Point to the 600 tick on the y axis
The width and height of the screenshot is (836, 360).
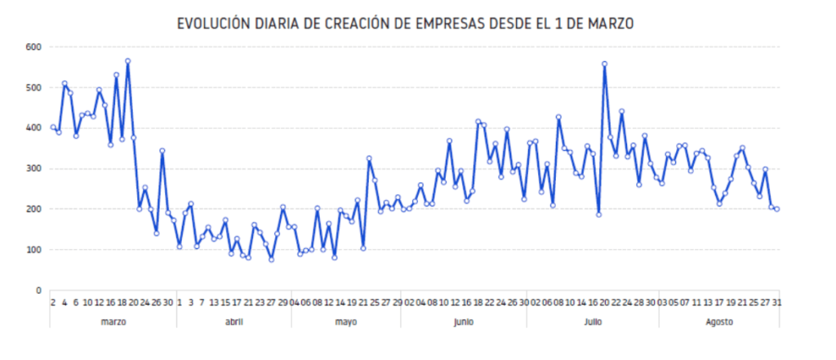click(x=33, y=47)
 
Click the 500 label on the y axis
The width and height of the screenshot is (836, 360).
click(x=33, y=88)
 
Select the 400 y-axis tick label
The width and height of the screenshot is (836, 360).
click(x=33, y=128)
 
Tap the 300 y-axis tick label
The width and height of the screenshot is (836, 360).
click(x=33, y=169)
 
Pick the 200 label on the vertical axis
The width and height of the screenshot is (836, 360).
click(x=33, y=210)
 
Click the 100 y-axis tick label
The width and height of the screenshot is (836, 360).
click(x=33, y=250)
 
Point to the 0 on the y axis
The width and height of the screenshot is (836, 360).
click(x=38, y=291)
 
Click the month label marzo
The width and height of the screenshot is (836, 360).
click(x=113, y=322)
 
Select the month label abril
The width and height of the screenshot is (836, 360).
click(x=233, y=322)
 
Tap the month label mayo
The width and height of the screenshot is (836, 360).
click(x=345, y=322)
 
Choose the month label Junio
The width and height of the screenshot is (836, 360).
click(x=463, y=322)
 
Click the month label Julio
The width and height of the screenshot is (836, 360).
click(x=593, y=322)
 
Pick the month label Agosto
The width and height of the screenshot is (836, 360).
click(x=718, y=322)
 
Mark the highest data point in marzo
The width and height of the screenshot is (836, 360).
click(x=128, y=61)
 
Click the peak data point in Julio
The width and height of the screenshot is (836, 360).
click(x=604, y=64)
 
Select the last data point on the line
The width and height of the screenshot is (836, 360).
click(x=777, y=209)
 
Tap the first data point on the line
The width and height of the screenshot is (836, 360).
click(x=53, y=127)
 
